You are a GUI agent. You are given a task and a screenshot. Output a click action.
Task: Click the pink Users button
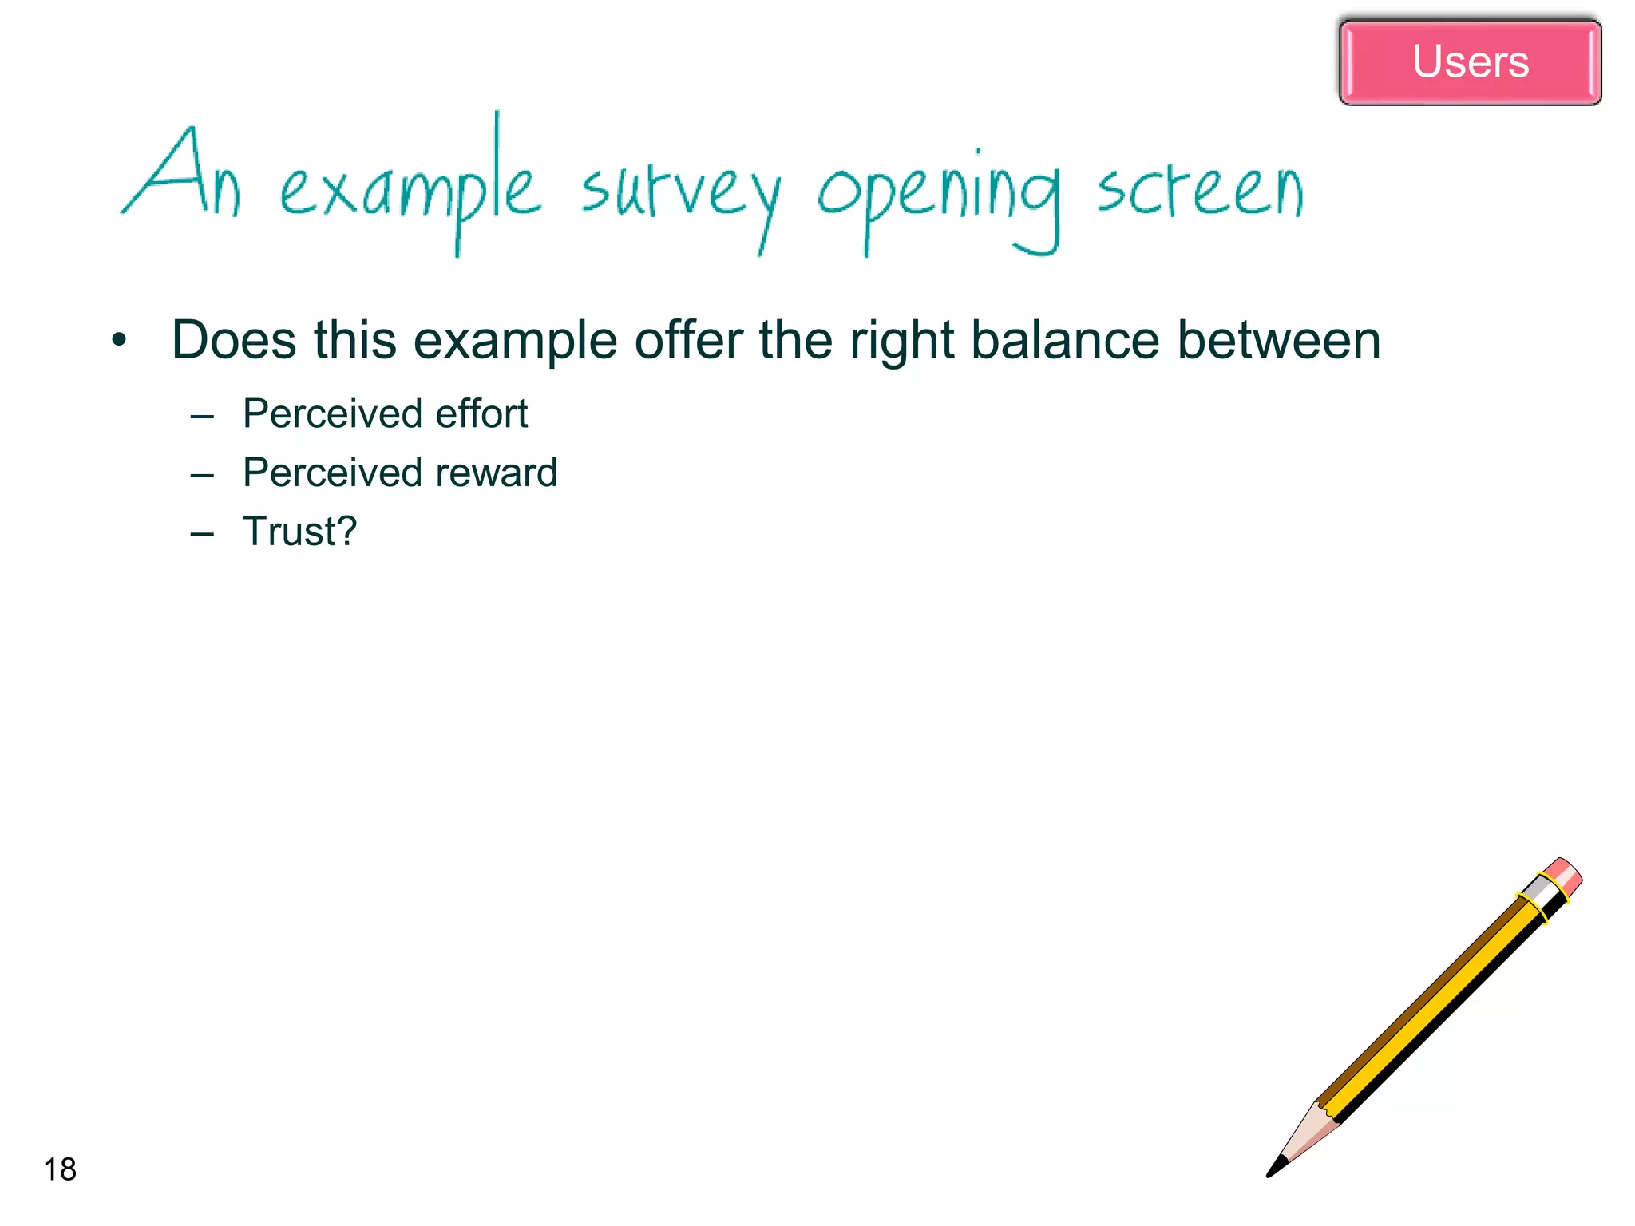pos(1470,62)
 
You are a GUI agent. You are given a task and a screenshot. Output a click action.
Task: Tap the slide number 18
pos(60,1169)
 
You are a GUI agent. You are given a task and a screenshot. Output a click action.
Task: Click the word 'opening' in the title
pos(939,196)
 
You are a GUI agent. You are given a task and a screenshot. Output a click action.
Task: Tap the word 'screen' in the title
pos(1200,192)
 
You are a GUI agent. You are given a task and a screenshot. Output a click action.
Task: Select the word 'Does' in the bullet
pos(234,340)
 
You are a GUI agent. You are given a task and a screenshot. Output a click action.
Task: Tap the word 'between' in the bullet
pos(1279,340)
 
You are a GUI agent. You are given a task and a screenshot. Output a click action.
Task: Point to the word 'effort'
pos(481,413)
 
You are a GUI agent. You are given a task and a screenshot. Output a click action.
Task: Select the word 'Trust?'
pos(299,532)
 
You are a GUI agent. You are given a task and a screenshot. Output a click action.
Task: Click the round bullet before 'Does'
pos(120,341)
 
